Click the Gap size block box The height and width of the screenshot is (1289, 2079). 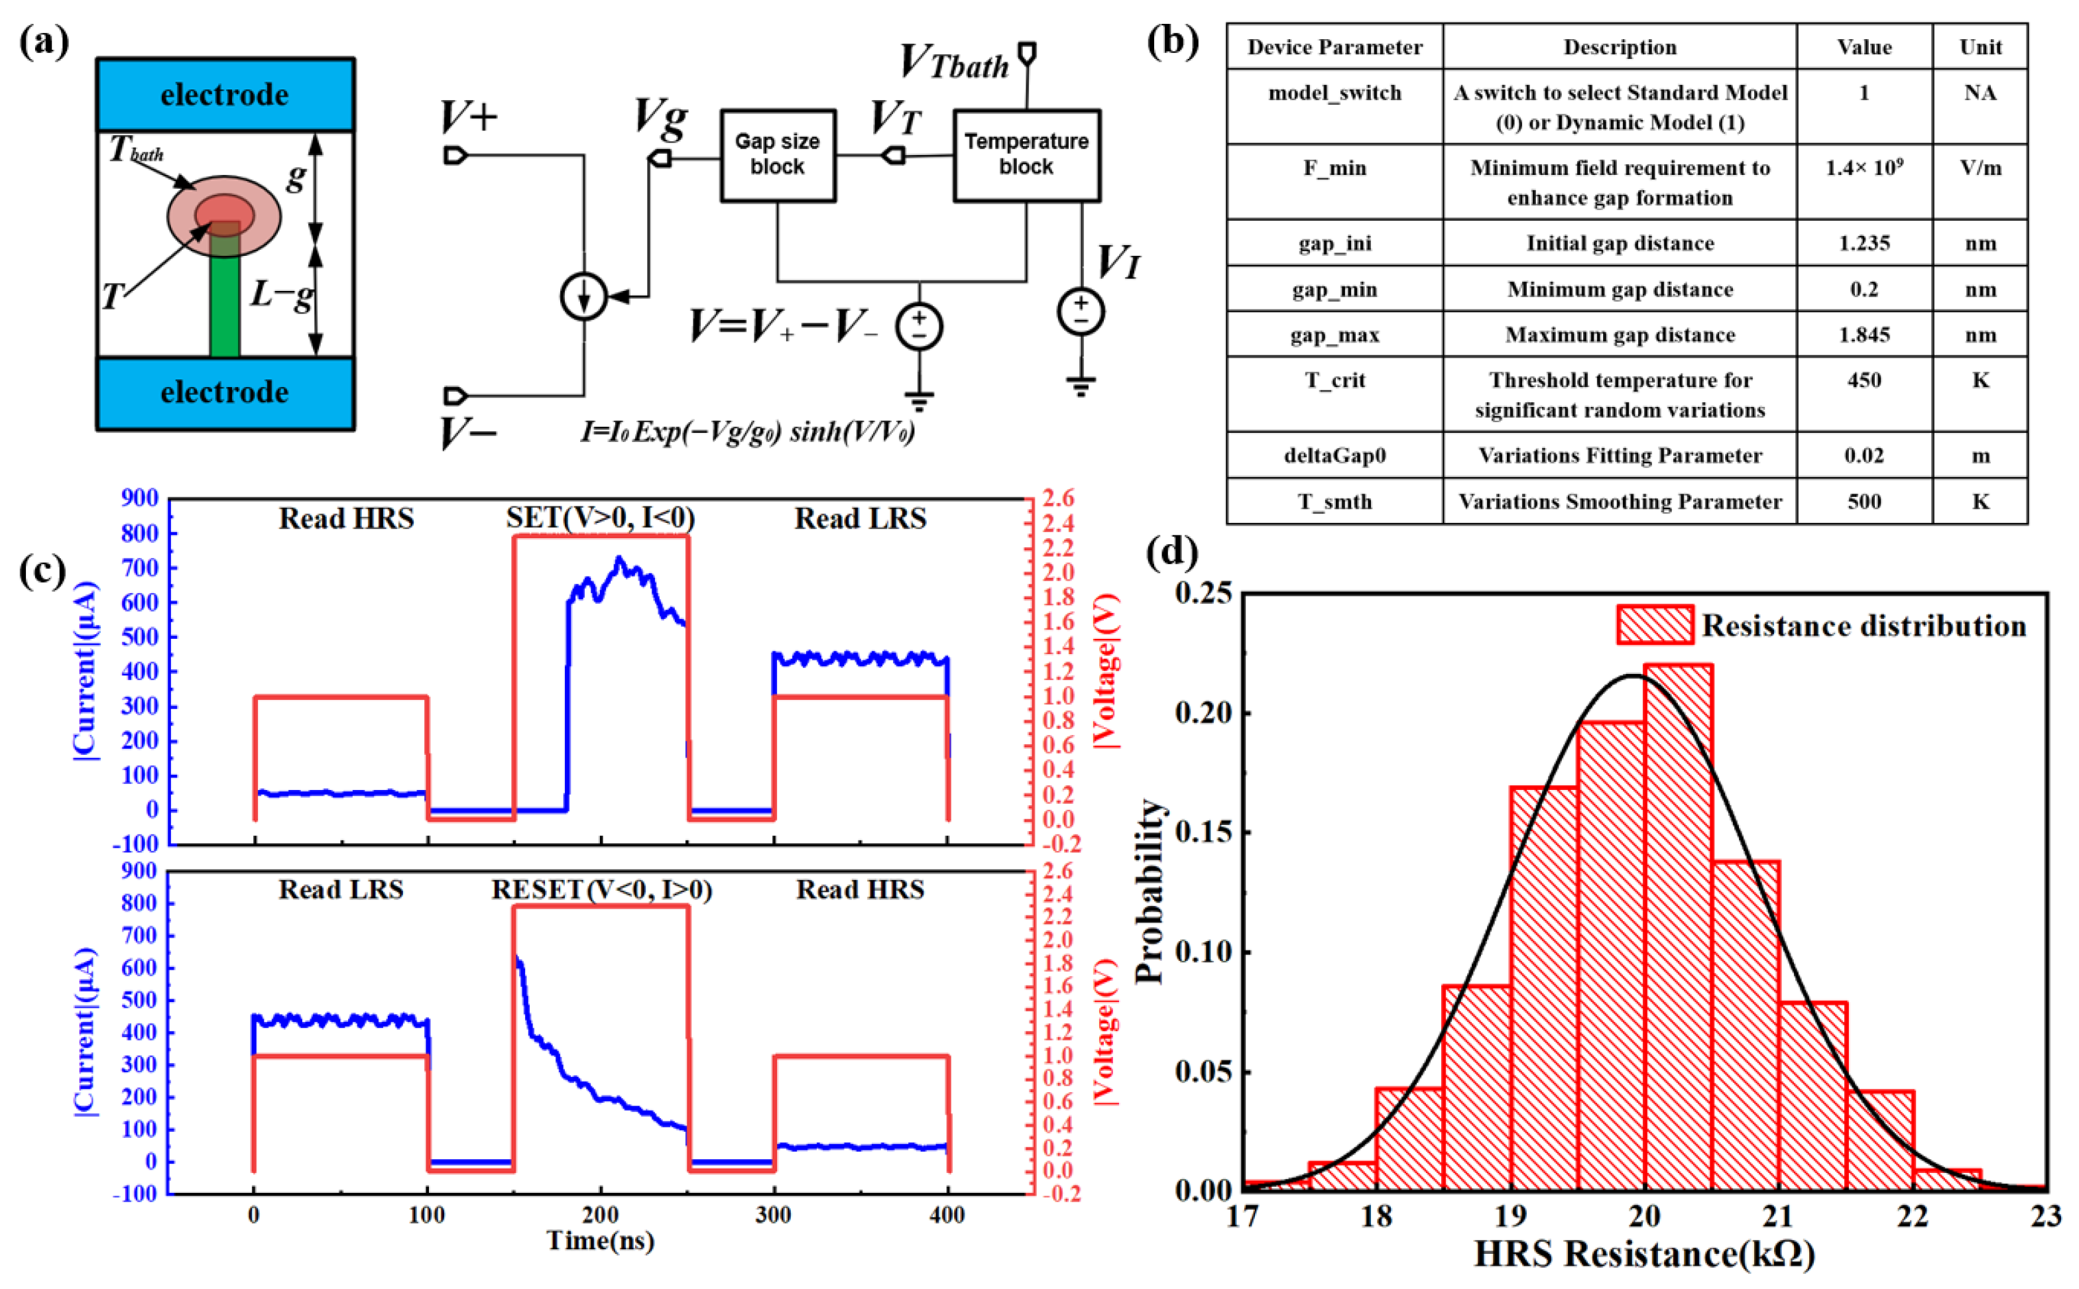777,155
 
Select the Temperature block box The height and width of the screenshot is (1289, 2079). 1026,155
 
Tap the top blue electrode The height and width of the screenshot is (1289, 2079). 225,94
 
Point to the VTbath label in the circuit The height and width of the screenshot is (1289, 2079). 955,62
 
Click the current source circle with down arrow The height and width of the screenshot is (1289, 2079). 583,297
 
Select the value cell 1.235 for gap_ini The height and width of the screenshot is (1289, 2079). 1864,243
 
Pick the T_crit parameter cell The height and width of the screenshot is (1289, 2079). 1335,380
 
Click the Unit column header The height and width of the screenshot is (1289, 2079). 1980,47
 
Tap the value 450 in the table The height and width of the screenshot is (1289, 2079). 1864,380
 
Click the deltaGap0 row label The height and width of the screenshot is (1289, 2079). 1335,455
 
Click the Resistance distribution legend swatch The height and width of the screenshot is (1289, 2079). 1654,625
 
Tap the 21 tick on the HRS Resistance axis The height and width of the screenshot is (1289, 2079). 1778,1215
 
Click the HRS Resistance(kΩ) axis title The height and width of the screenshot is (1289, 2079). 1644,1254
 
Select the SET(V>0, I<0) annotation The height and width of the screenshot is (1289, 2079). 601,518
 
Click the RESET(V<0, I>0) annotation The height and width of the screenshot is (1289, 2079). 601,889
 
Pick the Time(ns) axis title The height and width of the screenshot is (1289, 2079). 601,1241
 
